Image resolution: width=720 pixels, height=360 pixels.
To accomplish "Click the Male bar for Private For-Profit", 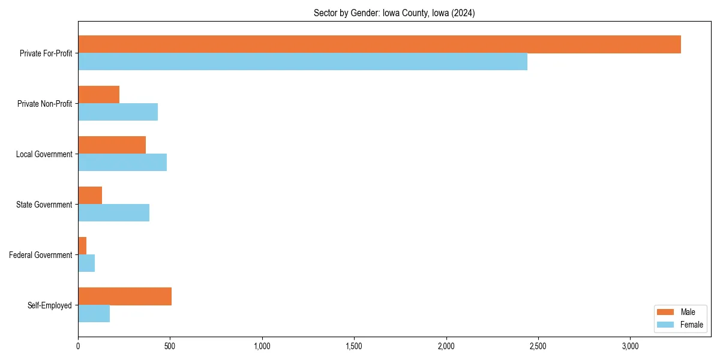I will click(x=379, y=44).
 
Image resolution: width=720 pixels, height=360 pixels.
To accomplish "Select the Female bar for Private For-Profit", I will click(x=302, y=62).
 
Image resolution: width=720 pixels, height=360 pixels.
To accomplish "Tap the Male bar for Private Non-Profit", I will click(x=98, y=95).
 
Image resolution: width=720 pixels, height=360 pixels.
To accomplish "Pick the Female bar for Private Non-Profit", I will click(x=118, y=112).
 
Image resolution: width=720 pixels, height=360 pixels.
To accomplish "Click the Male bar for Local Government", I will click(x=112, y=145).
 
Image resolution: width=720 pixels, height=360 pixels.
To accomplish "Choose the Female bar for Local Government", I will click(x=122, y=163).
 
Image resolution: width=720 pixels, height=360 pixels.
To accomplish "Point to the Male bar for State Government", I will click(x=90, y=196).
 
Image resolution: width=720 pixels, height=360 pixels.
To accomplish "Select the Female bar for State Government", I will click(x=113, y=213).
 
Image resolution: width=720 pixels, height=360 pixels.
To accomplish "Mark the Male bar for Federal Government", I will click(x=82, y=246).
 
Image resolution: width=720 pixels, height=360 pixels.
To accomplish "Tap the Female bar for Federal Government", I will click(x=86, y=263).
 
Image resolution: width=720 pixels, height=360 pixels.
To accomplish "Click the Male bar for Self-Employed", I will click(x=125, y=296).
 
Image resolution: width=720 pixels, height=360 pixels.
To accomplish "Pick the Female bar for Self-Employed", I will click(x=94, y=314).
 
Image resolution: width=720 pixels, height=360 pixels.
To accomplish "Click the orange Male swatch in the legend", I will click(x=665, y=312).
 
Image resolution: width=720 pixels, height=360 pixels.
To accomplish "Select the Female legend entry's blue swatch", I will click(x=665, y=325).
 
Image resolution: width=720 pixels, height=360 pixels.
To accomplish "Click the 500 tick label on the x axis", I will click(x=170, y=346).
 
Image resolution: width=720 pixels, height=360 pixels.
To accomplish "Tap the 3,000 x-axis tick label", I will click(x=630, y=346).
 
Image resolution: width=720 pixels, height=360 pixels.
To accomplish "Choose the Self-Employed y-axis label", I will click(x=50, y=305).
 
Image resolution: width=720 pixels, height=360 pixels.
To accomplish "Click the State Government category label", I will click(x=44, y=205).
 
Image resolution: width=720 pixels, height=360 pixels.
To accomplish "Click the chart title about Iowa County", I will click(x=394, y=13).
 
